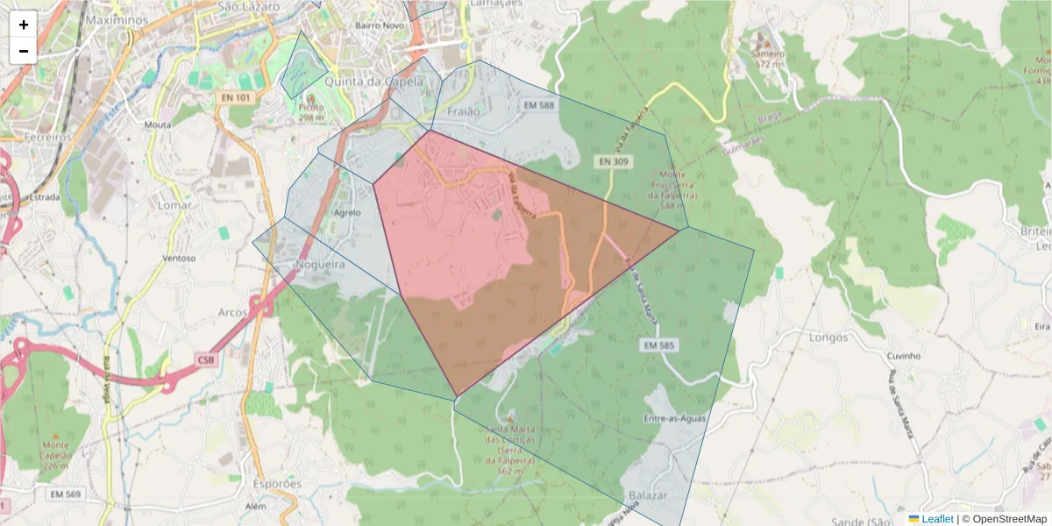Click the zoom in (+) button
[x=24, y=25]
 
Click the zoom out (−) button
[x=24, y=51]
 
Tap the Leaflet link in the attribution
[x=937, y=519]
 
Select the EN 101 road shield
[x=236, y=98]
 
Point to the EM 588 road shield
[x=539, y=105]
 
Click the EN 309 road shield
[x=615, y=161]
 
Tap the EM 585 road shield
[x=658, y=345]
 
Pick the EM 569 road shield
[x=66, y=495]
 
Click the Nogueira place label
[x=321, y=264]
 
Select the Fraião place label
[x=464, y=112]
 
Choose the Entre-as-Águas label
[x=675, y=419]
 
